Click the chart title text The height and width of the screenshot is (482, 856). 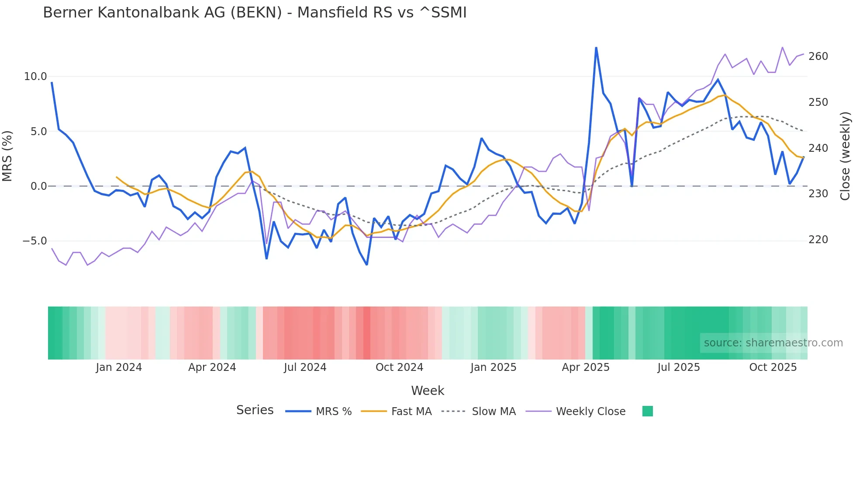tap(255, 13)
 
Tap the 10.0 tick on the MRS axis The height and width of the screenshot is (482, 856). tap(35, 77)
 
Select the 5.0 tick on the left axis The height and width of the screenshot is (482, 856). tap(38, 131)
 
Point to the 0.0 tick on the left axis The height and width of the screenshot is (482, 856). tap(38, 186)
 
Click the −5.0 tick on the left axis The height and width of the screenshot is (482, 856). tap(35, 241)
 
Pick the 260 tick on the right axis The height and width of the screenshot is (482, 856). tap(818, 56)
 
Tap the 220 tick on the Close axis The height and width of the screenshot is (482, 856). tap(818, 240)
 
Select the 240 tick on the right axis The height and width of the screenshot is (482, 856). tap(818, 148)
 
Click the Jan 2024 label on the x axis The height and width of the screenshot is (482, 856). tap(119, 367)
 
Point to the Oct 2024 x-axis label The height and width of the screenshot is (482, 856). tap(399, 367)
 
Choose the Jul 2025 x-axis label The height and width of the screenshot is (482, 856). tap(679, 367)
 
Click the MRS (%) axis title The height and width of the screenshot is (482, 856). tap(7, 156)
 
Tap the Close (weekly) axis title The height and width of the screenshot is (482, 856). tap(846, 156)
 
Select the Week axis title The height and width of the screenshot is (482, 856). tap(428, 391)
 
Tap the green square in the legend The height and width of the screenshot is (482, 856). tap(648, 411)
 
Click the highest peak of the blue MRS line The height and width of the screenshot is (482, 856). tap(596, 48)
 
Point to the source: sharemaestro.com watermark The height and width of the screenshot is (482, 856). tap(773, 343)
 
